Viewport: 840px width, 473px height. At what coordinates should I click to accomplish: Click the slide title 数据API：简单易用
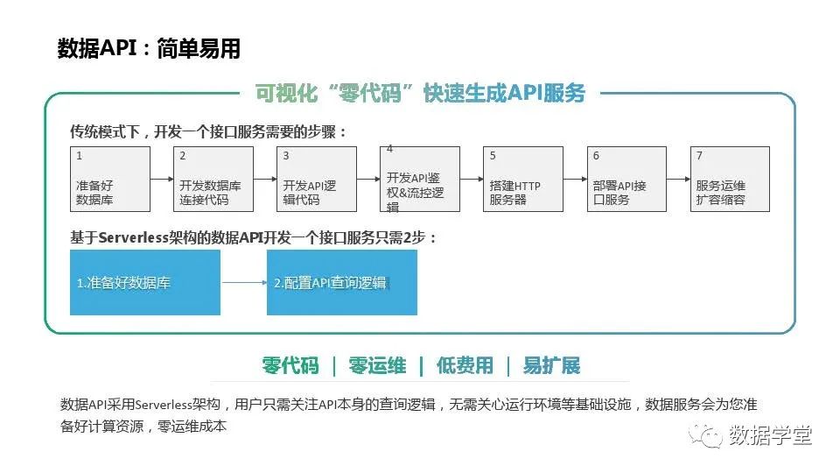149,48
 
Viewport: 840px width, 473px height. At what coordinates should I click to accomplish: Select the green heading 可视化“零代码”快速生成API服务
420,93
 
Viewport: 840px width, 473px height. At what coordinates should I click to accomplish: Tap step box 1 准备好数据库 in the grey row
110,179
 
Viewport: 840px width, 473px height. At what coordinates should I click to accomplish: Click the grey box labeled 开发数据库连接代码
213,179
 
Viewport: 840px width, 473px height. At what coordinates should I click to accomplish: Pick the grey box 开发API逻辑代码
317,179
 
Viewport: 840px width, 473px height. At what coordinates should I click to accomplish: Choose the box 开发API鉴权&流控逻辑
420,179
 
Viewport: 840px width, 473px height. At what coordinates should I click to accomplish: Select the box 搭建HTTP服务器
523,179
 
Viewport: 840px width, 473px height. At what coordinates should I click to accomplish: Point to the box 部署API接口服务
626,179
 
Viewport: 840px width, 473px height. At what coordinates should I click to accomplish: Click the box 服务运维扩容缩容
730,179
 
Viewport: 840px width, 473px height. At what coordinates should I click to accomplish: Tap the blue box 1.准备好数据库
145,282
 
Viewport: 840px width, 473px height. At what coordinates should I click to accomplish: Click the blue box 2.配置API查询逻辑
342,282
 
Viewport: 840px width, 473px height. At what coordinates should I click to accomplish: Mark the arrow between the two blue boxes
244,282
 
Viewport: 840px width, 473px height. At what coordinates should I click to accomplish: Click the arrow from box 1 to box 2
162,179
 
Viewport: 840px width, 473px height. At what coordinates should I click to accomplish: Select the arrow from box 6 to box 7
679,179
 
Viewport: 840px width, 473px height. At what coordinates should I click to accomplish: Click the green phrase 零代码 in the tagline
290,366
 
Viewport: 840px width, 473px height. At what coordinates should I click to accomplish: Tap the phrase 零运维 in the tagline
377,366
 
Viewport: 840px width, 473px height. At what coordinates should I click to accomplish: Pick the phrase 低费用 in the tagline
465,366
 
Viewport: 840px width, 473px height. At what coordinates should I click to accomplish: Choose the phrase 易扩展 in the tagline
551,366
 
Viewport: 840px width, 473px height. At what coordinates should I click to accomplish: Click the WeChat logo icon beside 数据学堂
705,435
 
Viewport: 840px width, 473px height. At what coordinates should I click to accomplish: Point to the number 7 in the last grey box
699,156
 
